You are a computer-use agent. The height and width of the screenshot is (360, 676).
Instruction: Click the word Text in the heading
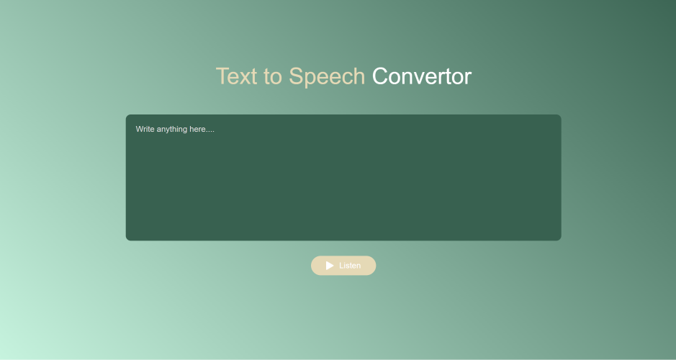[x=236, y=76]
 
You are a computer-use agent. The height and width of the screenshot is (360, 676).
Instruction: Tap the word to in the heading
[x=272, y=77]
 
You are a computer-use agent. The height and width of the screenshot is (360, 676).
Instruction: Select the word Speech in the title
[x=327, y=78]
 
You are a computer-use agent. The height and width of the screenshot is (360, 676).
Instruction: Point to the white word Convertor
[x=422, y=76]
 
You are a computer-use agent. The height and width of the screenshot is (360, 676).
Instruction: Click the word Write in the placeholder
[x=145, y=129]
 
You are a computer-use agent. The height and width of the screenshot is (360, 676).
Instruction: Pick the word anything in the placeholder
[x=172, y=130]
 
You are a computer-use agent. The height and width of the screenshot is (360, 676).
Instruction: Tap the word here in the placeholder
[x=197, y=129]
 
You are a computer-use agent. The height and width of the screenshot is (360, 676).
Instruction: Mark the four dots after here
[x=210, y=132]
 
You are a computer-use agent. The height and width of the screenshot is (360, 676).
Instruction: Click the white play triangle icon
[x=330, y=266]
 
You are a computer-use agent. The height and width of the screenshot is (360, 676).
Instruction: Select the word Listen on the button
[x=350, y=266]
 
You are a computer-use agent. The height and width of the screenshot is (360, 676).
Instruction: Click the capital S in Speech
[x=296, y=76]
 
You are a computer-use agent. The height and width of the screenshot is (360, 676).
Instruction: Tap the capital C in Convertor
[x=381, y=76]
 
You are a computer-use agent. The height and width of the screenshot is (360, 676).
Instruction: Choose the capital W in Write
[x=140, y=129]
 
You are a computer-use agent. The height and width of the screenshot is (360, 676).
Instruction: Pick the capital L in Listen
[x=341, y=266]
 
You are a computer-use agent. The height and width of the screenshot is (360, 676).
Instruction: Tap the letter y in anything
[x=169, y=130]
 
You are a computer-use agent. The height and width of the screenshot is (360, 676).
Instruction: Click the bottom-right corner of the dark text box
[x=561, y=240]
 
